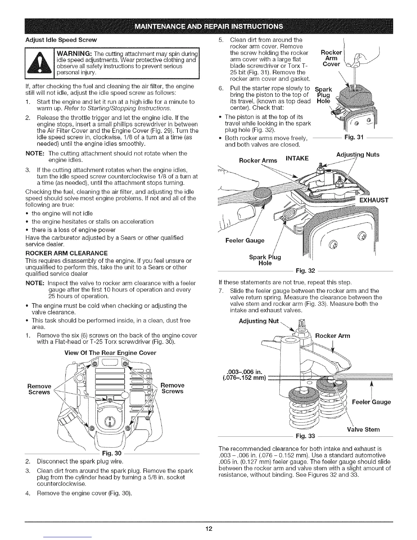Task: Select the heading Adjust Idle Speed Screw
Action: point(61,40)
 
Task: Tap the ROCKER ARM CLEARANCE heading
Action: point(67,253)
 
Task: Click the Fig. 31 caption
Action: point(354,137)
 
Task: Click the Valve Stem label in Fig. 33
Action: point(363,429)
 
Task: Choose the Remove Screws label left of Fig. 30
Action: point(39,389)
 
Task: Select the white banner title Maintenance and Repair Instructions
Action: point(208,27)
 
